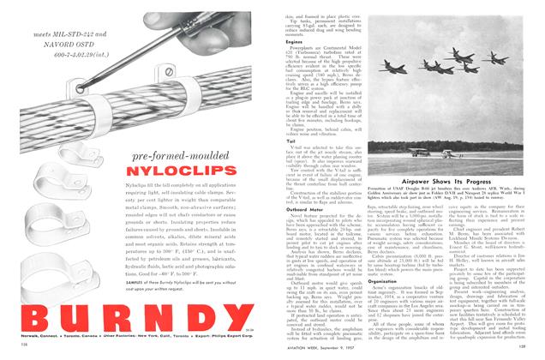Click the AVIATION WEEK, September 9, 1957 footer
click(322, 351)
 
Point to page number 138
click(16, 351)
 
